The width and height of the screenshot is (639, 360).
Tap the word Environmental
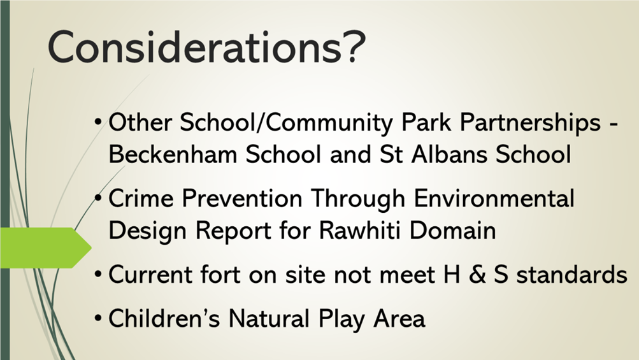pyautogui.click(x=494, y=199)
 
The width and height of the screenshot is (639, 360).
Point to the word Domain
pyautogui.click(x=453, y=231)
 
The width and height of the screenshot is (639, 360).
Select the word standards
pyautogui.click(x=571, y=275)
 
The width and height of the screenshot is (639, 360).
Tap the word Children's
pyautogui.click(x=164, y=318)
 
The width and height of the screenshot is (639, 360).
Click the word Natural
pyautogui.click(x=269, y=318)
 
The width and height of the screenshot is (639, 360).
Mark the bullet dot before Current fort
pyautogui.click(x=98, y=275)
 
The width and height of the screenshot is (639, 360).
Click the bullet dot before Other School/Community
pyautogui.click(x=98, y=122)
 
